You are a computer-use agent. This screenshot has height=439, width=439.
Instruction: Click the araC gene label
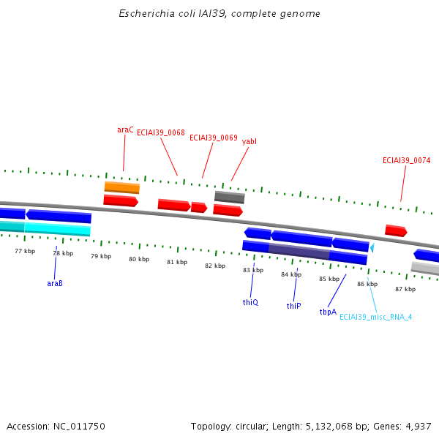[125, 130]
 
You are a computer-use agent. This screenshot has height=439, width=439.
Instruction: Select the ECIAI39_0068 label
[160, 132]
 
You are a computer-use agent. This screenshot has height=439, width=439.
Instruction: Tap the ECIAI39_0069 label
[213, 138]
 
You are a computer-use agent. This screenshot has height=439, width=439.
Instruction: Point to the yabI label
[249, 141]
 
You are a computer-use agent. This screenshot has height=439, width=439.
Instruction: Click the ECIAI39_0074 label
[406, 160]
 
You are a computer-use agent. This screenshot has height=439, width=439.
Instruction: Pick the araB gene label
[55, 282]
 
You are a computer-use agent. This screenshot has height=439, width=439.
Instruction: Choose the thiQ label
[250, 301]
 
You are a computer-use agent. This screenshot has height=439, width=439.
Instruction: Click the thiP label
[293, 306]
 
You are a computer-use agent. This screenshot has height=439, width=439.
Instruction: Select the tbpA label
[328, 312]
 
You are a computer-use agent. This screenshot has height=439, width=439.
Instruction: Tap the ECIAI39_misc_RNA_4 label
[375, 317]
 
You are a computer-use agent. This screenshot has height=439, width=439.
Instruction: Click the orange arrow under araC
[121, 187]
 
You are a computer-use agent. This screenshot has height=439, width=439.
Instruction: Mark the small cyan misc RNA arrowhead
[372, 248]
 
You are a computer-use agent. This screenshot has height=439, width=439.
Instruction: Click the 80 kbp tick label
[139, 259]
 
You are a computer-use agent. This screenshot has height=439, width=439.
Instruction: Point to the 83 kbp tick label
[253, 270]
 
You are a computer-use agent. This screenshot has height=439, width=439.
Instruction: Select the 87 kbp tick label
[405, 289]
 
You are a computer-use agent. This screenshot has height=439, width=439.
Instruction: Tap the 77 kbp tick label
[25, 251]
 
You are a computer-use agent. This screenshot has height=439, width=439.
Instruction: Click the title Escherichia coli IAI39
[219, 14]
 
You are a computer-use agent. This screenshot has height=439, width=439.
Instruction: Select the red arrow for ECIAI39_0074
[396, 230]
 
